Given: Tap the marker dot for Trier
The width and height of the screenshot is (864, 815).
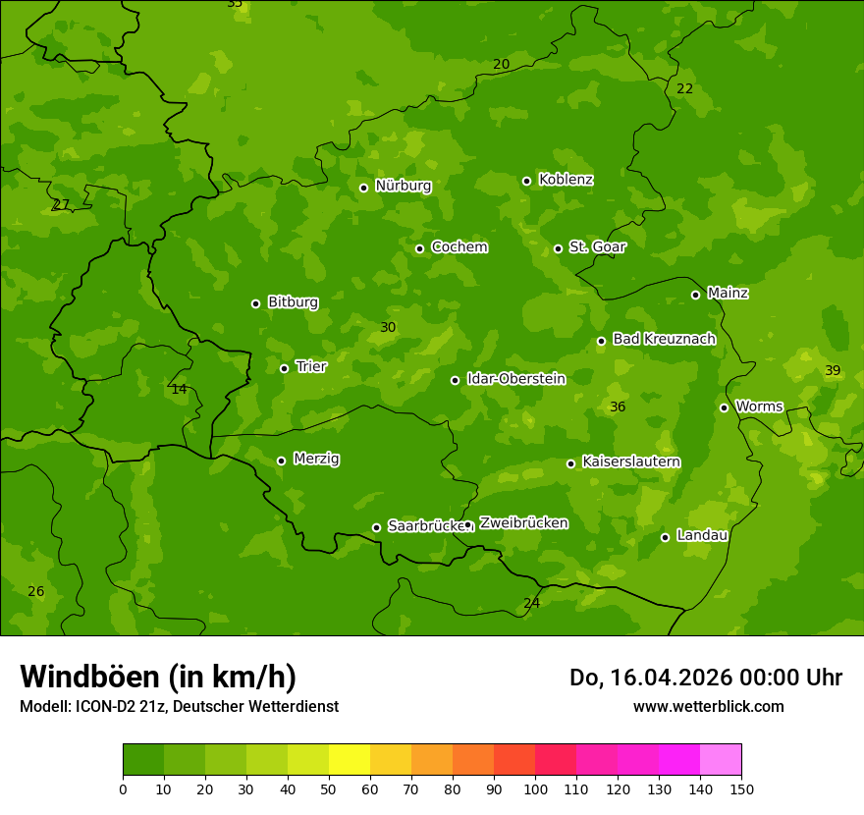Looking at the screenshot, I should (285, 368).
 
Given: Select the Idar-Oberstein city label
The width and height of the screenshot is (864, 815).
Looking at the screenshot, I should (515, 378).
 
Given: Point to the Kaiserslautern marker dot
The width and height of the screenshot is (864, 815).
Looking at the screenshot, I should (571, 463).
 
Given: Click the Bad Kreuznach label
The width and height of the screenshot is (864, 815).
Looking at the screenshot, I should (664, 339).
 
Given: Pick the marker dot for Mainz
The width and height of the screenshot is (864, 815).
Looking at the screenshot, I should (695, 295).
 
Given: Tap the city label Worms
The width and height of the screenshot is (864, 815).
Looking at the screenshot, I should (759, 406).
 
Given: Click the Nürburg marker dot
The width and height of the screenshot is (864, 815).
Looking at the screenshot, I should (363, 188).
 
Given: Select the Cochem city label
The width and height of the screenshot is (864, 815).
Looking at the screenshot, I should (459, 246).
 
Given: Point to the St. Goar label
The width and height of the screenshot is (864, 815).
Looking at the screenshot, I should (597, 246).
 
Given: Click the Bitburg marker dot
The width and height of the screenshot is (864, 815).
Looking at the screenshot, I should (256, 303).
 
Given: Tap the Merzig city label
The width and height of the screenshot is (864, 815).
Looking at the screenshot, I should (316, 459).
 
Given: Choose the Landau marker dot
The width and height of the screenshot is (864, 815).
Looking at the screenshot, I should (665, 537).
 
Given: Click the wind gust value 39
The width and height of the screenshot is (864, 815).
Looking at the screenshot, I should (833, 370).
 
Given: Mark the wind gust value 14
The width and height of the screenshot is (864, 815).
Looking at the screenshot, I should (179, 389).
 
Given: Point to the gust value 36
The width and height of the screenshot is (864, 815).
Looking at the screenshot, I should (617, 407).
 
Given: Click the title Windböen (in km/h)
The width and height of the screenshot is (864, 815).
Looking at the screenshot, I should (158, 677).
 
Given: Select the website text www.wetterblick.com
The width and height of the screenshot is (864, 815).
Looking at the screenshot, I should (708, 706).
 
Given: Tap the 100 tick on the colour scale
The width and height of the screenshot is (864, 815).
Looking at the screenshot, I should (535, 788).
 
